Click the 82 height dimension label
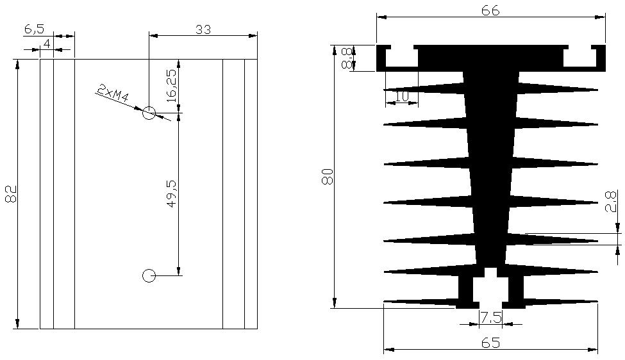click(11, 194)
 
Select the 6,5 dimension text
click(34, 29)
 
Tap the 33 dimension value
click(203, 29)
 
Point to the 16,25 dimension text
click(171, 86)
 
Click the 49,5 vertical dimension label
click(171, 193)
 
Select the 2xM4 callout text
click(113, 94)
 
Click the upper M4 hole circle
click(149, 113)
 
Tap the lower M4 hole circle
click(149, 275)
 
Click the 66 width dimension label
click(490, 11)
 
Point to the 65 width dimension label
click(490, 343)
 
